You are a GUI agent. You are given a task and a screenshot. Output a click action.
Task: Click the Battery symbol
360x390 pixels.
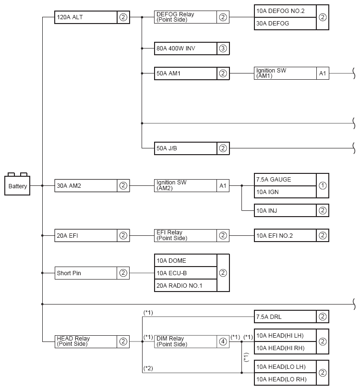coord(17,185)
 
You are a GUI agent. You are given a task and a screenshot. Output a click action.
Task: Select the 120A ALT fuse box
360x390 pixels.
coord(86,18)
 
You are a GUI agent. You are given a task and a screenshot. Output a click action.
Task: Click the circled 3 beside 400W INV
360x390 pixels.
coord(223,48)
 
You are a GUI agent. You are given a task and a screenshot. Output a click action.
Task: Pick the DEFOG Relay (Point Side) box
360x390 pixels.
coord(185,17)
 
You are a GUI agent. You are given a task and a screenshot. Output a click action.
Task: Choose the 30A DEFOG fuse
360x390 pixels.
coord(285,24)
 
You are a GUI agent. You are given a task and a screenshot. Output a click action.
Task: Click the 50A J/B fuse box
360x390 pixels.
coord(185,148)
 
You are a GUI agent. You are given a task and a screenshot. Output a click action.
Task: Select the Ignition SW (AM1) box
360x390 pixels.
coord(285,73)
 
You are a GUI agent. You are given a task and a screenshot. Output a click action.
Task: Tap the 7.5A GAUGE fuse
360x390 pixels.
coord(285,180)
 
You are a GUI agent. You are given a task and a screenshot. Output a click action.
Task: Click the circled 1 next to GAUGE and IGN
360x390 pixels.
coord(323,185)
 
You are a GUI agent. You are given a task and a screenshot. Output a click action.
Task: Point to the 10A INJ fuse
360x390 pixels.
coord(285,210)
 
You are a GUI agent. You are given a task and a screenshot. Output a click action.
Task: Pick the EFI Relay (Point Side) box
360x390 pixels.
coord(185,235)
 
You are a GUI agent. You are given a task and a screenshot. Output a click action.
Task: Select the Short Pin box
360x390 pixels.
coord(86,273)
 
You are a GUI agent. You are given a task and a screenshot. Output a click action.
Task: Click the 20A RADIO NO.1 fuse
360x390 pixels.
coord(185,285)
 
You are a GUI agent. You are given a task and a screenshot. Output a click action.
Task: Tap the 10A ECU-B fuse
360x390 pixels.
coord(185,273)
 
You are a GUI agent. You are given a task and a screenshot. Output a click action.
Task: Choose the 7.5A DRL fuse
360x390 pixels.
coord(285,317)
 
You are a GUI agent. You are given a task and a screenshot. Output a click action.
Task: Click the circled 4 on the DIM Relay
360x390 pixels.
coord(223,341)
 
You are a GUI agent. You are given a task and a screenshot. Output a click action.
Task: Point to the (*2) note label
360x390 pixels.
coord(148,368)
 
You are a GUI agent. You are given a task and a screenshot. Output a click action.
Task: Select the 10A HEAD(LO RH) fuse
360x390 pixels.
coord(285,379)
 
